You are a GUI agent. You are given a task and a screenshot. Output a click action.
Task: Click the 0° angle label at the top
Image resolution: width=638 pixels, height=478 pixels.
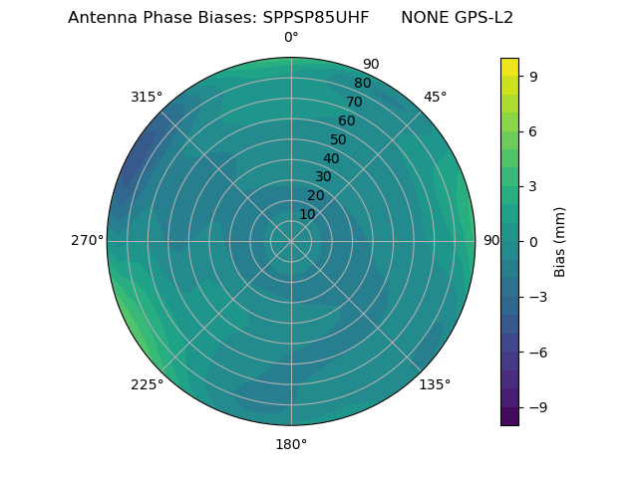pyautogui.click(x=291, y=38)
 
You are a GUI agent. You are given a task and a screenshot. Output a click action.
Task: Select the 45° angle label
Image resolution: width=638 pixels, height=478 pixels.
pyautogui.click(x=436, y=97)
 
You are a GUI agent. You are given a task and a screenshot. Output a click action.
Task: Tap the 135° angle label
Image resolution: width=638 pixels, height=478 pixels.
pyautogui.click(x=435, y=384)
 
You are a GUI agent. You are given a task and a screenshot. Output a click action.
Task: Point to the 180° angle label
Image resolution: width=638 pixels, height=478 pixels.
pyautogui.click(x=291, y=444)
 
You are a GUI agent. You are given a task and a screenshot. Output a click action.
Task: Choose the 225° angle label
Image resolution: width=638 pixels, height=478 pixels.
pyautogui.click(x=147, y=384)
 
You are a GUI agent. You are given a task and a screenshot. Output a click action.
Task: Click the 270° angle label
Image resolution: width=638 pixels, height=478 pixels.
pyautogui.click(x=87, y=240)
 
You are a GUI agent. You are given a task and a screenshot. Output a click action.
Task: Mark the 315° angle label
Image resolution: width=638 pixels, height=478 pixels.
pyautogui.click(x=147, y=97)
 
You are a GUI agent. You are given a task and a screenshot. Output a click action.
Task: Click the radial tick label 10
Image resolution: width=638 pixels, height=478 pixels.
pyautogui.click(x=307, y=214)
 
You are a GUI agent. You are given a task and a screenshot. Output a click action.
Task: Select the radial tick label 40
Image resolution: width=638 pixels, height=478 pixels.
pyautogui.click(x=331, y=159)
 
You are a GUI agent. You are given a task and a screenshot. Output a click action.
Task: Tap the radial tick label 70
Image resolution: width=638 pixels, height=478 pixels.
pyautogui.click(x=354, y=102)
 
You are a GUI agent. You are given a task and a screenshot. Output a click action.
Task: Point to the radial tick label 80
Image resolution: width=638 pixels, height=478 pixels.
pyautogui.click(x=362, y=84)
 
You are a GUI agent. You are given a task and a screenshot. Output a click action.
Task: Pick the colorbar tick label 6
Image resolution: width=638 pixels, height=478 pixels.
pyautogui.click(x=533, y=130)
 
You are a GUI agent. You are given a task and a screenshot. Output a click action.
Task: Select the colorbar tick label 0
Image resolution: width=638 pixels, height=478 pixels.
pyautogui.click(x=533, y=241)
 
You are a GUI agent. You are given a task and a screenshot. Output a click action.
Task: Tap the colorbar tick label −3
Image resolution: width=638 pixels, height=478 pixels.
pyautogui.click(x=537, y=297)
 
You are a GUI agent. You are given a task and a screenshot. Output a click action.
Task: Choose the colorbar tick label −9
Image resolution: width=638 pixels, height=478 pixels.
pyautogui.click(x=537, y=407)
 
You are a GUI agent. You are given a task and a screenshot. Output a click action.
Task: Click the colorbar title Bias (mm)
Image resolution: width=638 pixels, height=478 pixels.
pyautogui.click(x=560, y=241)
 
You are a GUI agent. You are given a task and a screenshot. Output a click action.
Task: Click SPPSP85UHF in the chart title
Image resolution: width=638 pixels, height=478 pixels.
pyautogui.click(x=316, y=18)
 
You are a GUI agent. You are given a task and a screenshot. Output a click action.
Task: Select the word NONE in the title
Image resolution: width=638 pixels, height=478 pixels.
pyautogui.click(x=424, y=18)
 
